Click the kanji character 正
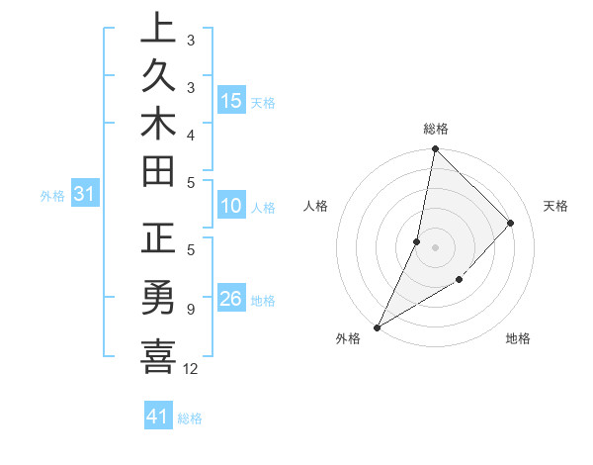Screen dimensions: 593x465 158,243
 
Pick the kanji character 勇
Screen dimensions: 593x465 158,298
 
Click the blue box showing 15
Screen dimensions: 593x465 230,100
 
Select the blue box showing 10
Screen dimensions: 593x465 230,206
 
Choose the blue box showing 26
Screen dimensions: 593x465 230,299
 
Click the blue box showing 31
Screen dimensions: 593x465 85,195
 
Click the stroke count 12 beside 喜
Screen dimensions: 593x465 192,369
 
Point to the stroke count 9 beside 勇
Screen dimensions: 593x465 190,310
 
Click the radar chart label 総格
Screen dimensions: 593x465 436,129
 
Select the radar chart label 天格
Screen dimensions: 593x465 555,206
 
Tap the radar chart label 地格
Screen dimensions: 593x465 518,338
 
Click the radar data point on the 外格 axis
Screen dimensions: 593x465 378,326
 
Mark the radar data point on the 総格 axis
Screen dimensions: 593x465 435,148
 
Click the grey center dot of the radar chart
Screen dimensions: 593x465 435,247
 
